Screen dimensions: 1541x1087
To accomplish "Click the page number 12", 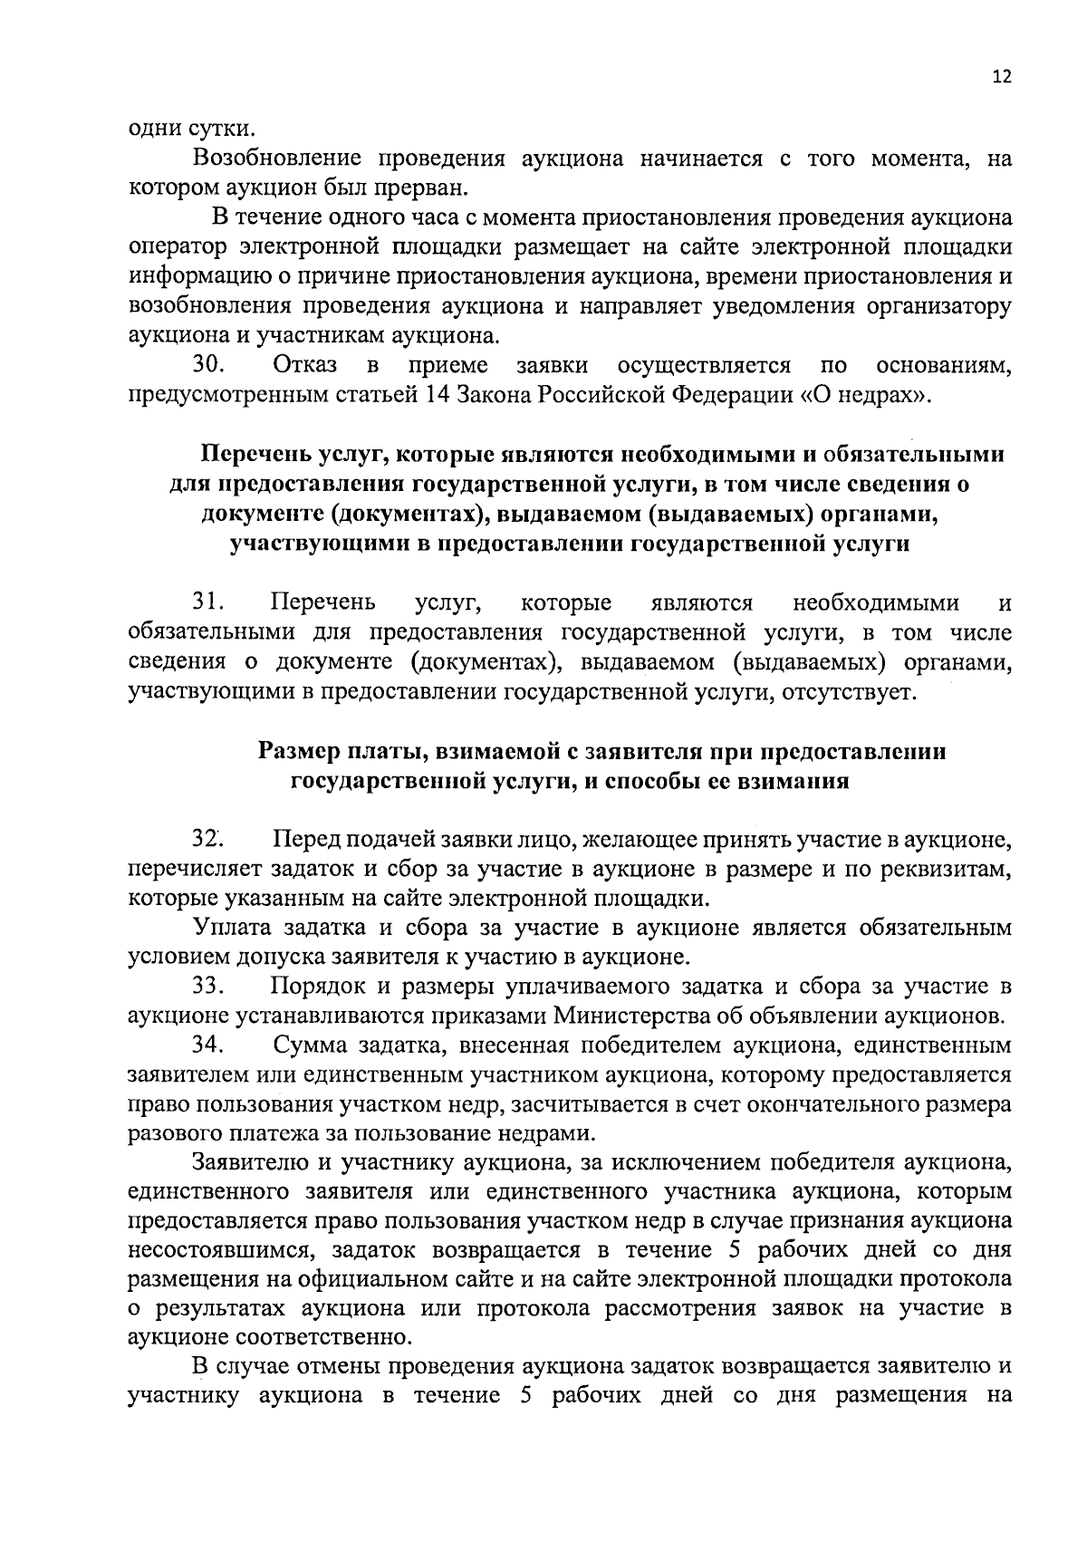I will (x=1001, y=77).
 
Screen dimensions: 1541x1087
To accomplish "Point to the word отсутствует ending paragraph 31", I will (x=848, y=693).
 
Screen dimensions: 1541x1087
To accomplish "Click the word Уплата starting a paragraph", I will (x=229, y=928).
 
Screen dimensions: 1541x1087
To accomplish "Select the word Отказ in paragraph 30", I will (x=304, y=365).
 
